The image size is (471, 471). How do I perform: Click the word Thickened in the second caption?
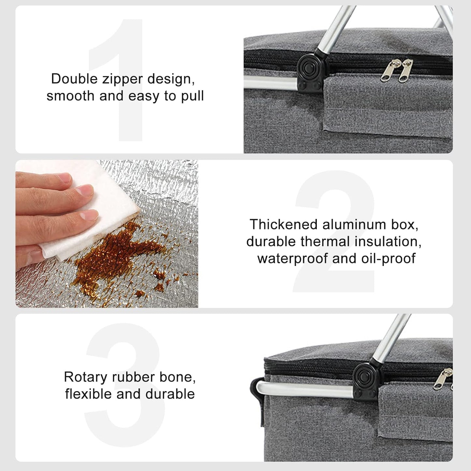pyautogui.click(x=283, y=224)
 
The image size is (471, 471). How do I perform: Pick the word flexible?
pyautogui.click(x=88, y=394)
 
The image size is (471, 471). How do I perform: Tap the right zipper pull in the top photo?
pyautogui.click(x=406, y=70)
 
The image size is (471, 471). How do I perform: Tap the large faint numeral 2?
pyautogui.click(x=334, y=231)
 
